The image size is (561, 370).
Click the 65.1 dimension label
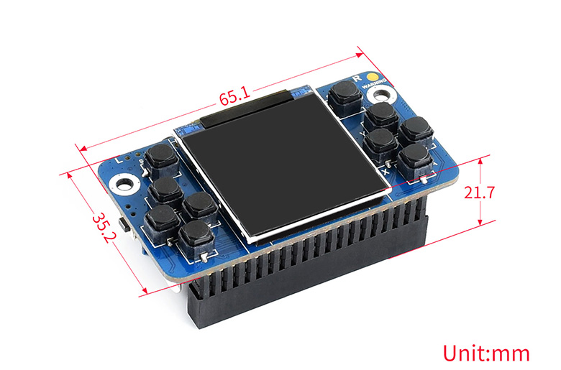click(x=234, y=95)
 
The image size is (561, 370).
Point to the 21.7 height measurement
click(x=478, y=192)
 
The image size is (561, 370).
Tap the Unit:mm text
click(x=486, y=353)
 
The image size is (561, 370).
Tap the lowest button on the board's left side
click(x=195, y=233)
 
